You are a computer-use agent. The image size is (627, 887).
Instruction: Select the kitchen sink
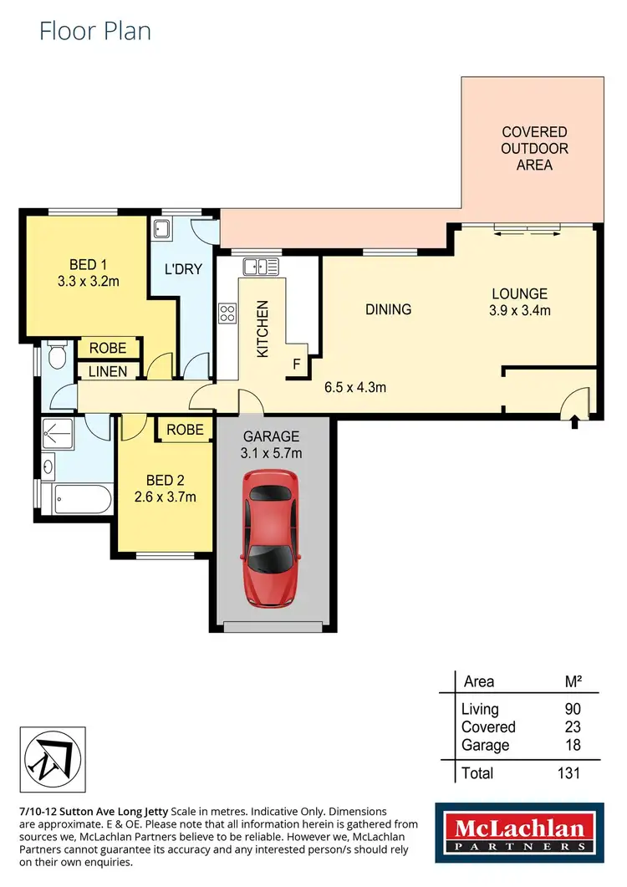point(260,267)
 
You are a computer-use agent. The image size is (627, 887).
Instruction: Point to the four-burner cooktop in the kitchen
point(227,314)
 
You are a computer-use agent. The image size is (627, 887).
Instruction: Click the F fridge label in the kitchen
point(295,364)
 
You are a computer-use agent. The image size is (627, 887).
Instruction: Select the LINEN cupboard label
point(108,371)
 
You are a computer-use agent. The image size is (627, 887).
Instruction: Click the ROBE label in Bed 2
point(185,429)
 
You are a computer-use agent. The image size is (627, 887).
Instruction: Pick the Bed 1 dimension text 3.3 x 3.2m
point(88,282)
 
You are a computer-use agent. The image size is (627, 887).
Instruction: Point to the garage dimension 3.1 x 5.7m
point(272,454)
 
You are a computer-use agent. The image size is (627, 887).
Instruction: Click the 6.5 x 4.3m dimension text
point(354,387)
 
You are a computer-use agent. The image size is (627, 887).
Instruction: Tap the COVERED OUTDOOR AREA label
point(534,149)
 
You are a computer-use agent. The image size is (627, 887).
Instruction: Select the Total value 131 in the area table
point(568,773)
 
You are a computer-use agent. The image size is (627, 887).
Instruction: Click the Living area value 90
point(572,709)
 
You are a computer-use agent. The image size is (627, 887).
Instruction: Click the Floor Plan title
point(95,32)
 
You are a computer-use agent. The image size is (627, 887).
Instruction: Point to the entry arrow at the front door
point(573,425)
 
